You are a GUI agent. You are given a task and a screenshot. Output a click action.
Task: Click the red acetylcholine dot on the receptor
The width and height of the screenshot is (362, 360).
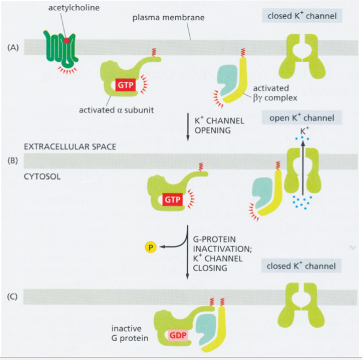pos(67,41)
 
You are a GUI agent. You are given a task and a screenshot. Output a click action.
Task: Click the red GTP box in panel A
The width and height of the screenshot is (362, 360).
pos(126,85)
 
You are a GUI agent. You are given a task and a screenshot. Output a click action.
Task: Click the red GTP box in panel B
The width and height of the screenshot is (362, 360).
pos(172,199)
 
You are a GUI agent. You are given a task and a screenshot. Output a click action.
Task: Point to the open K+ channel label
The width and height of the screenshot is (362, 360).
pos(303,118)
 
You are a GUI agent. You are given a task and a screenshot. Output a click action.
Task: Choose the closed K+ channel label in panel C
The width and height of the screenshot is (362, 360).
pos(303,267)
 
